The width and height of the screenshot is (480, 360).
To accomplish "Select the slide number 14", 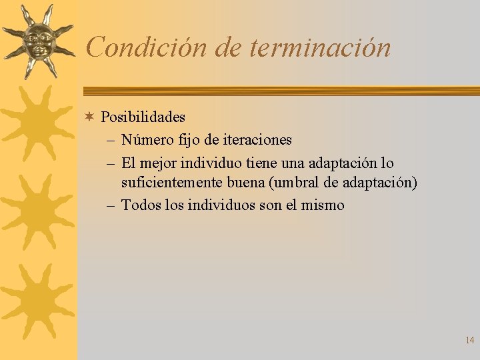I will pyautogui.click(x=469, y=341).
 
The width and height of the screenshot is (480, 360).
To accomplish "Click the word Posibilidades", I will pyautogui.click(x=143, y=117).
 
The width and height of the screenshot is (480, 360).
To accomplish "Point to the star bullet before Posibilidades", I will pyautogui.click(x=89, y=117).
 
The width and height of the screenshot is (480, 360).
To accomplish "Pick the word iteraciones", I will pyautogui.click(x=257, y=140).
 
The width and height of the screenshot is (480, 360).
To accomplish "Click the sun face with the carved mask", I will pyautogui.click(x=37, y=41).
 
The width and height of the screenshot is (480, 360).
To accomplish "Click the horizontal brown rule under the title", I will pyautogui.click(x=280, y=91).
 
